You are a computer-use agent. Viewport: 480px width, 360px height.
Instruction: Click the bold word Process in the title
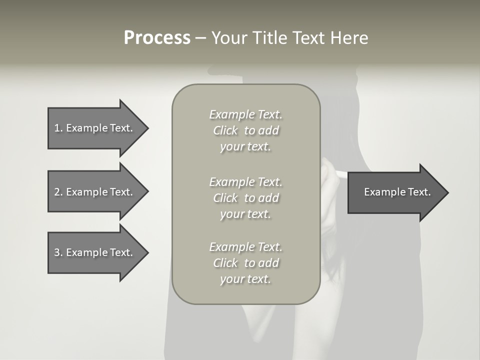click(157, 38)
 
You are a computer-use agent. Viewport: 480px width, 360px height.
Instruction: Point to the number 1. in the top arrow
click(58, 128)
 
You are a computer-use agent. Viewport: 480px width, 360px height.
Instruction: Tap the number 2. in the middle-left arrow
click(58, 192)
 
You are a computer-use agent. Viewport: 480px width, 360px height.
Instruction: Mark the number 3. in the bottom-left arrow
click(58, 252)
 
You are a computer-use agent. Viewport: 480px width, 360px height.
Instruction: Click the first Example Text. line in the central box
click(245, 114)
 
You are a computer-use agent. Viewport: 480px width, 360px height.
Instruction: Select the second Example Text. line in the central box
click(245, 182)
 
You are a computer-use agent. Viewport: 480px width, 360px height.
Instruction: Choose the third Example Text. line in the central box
click(245, 247)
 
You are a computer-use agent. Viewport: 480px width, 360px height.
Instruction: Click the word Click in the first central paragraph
click(225, 130)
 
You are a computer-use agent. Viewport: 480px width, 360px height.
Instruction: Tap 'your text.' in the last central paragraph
click(245, 279)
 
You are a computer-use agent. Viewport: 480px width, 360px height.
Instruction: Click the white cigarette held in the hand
click(337, 173)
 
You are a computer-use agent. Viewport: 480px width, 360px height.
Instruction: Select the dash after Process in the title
click(200, 38)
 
